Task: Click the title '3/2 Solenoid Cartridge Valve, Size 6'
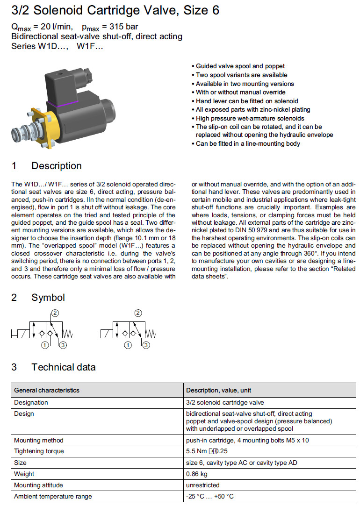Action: tap(115, 11)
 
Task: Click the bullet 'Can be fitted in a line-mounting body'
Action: tap(248, 143)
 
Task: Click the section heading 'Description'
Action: tap(56, 166)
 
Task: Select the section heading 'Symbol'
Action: tap(48, 298)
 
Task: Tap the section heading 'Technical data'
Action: tap(63, 367)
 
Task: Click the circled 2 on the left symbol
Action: tap(55, 313)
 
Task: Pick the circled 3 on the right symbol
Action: tap(146, 345)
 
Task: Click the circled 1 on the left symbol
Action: tap(45, 345)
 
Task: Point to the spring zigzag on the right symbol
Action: tap(151, 334)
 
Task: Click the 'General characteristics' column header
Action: tap(47, 390)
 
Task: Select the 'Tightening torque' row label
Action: tap(39, 451)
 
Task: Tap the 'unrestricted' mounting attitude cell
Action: tap(202, 485)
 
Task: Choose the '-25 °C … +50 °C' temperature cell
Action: tap(210, 496)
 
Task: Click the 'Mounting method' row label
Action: tap(38, 440)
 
